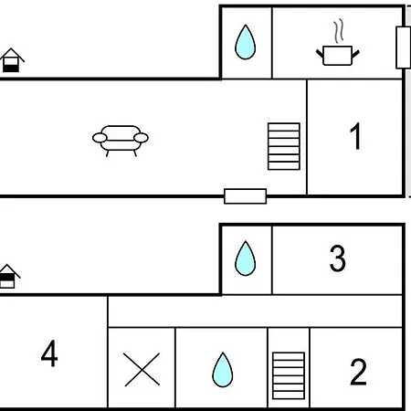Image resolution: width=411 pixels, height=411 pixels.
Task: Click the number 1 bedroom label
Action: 355,136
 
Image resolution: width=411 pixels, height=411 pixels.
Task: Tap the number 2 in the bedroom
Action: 358,372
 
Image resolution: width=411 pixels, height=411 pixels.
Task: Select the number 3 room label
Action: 338,258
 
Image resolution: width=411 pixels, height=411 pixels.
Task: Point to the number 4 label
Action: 49,353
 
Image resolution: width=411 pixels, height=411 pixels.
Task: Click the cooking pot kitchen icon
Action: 338,55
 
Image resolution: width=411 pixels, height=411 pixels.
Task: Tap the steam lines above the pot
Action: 339,31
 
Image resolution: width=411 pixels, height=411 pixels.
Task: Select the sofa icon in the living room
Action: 121,141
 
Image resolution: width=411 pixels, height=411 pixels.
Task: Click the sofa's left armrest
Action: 100,138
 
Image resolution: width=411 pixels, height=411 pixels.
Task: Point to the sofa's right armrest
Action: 141,138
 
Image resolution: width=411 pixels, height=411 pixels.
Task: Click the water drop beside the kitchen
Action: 245,42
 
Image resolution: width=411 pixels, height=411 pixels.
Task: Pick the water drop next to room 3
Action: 245,258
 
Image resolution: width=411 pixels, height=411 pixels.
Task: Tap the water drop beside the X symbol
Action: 223,370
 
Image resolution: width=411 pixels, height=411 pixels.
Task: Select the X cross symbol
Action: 142,370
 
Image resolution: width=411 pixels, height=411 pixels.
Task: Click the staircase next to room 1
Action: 284,146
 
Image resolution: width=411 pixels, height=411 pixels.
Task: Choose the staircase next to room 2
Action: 289,375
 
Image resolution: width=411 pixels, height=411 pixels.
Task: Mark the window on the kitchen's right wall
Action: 403,47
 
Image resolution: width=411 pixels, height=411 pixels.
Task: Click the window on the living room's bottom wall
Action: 245,196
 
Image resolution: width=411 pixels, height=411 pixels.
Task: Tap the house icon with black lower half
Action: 12,60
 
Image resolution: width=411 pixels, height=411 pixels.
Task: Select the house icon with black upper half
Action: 8,276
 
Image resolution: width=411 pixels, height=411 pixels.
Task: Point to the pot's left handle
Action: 320,54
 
